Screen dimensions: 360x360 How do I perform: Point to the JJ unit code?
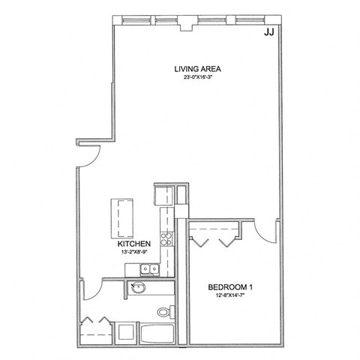point(268,32)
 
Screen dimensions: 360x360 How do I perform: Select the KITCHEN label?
point(135,244)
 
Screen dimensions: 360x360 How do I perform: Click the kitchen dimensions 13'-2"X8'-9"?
point(135,253)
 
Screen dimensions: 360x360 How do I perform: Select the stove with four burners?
point(166,240)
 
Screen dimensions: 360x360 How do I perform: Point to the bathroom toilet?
point(162,311)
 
